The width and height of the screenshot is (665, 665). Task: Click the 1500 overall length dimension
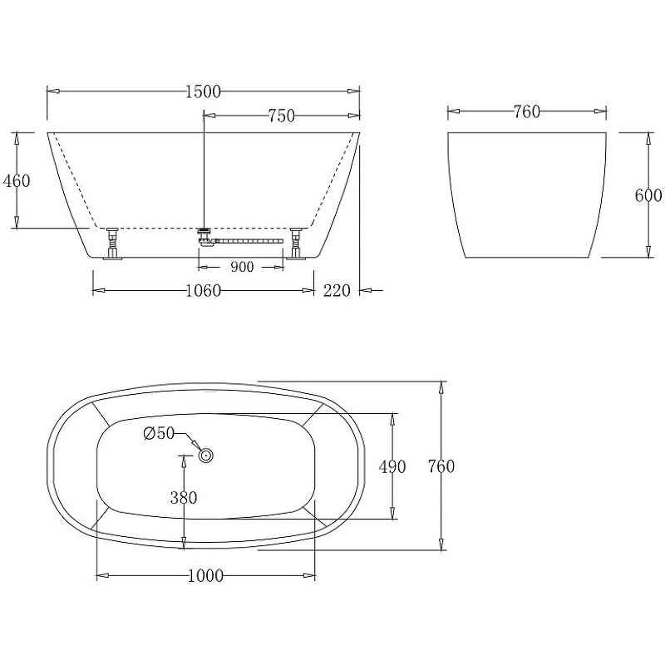(x=203, y=91)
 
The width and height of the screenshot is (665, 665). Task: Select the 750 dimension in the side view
(x=281, y=116)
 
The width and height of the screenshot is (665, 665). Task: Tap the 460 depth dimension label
(x=17, y=180)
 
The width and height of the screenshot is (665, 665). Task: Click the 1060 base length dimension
(x=203, y=291)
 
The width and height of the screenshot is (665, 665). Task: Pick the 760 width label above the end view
(x=526, y=112)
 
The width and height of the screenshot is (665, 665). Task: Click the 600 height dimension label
(x=648, y=195)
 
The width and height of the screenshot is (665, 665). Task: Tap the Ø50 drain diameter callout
(x=158, y=433)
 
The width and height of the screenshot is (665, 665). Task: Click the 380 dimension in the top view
(x=183, y=498)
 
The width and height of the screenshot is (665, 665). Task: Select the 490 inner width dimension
(x=392, y=467)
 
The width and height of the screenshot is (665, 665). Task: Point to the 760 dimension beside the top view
(x=441, y=466)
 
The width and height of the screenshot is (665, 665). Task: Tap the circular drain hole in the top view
(x=205, y=455)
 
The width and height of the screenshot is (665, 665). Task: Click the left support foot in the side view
(x=111, y=244)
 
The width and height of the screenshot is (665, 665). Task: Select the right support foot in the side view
(x=296, y=244)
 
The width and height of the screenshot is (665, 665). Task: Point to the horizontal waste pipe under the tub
(x=249, y=242)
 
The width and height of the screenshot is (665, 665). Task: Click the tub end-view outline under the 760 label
(x=526, y=195)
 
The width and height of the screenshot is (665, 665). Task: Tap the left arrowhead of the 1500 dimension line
(x=50, y=91)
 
